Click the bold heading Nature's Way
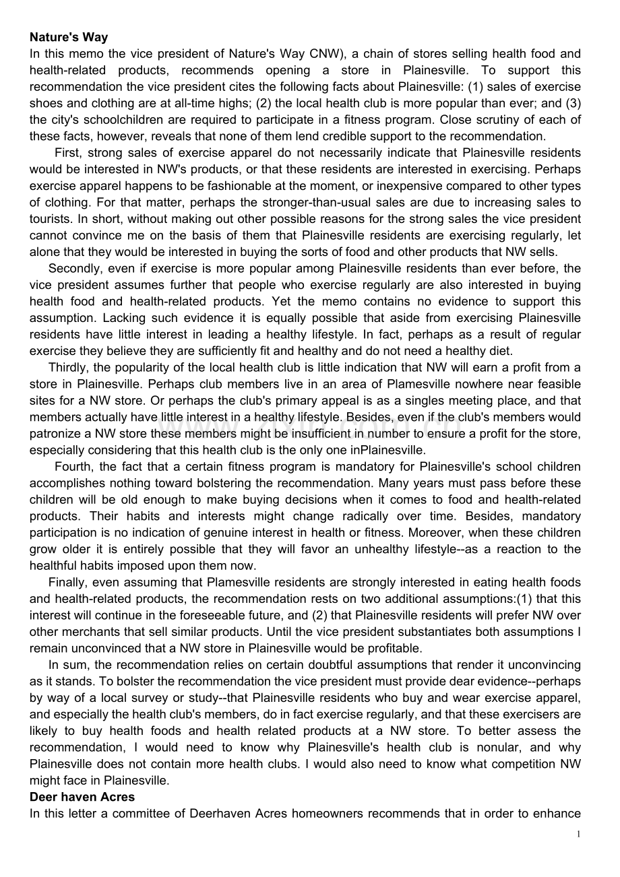tap(69, 38)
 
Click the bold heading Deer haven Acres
tap(82, 797)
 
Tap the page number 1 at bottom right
tap(578, 835)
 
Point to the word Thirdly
tap(68, 368)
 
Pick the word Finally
tap(67, 582)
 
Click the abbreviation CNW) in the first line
tap(323, 54)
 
